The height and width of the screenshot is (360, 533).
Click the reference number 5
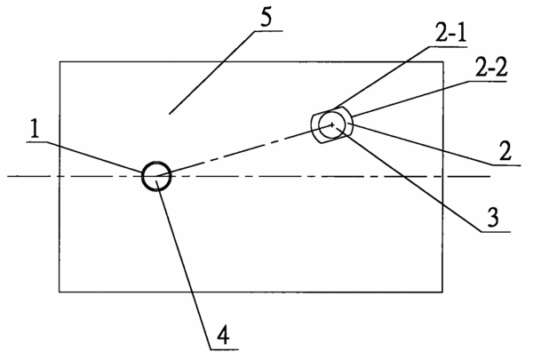(x=266, y=18)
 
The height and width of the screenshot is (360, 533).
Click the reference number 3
(x=493, y=218)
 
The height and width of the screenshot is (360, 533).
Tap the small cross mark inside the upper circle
(x=332, y=124)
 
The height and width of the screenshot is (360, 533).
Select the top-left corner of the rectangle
(x=60, y=62)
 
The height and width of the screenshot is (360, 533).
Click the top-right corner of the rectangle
(x=443, y=62)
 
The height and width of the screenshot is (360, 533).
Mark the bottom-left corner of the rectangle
(x=60, y=292)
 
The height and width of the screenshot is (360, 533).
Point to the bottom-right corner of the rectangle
(x=442, y=292)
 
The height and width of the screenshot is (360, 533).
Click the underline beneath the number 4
(x=224, y=349)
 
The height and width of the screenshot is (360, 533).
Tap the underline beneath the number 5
(x=268, y=31)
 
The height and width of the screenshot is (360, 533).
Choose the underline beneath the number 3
(x=496, y=232)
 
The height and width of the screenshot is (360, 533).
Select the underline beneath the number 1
(x=39, y=142)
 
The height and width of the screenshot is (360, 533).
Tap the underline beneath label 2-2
(x=488, y=81)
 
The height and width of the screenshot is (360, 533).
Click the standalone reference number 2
(x=505, y=151)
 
